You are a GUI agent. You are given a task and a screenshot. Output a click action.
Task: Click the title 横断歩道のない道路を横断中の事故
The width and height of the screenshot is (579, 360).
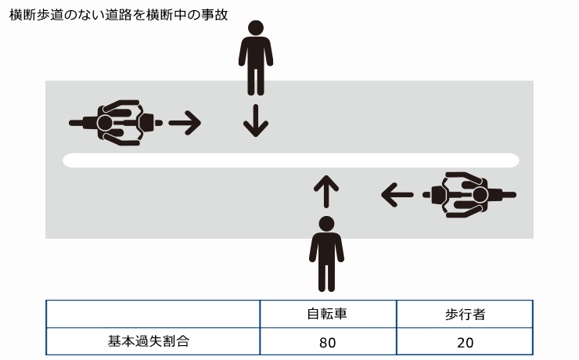point(118,15)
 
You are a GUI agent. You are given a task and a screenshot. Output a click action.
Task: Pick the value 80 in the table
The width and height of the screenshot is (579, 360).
point(327,342)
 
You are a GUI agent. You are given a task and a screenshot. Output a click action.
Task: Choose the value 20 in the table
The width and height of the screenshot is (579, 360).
point(465,342)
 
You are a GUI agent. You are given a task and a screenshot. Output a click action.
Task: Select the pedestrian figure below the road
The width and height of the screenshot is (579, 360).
point(326,254)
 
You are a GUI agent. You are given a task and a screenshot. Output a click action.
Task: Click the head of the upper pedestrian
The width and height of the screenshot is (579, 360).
point(256,28)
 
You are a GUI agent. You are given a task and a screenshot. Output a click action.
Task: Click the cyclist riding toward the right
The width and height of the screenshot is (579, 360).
point(117,123)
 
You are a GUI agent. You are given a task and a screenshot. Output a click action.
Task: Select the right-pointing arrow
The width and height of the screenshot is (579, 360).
point(185,122)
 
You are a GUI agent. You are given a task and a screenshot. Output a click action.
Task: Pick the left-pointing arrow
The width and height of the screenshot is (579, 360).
point(397,193)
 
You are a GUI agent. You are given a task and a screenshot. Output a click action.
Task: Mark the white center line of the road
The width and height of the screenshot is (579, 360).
point(290,160)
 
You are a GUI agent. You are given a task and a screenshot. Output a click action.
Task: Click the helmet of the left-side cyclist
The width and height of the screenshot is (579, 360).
point(105,123)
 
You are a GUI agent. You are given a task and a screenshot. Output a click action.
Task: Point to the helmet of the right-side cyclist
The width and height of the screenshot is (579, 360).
point(480,193)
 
